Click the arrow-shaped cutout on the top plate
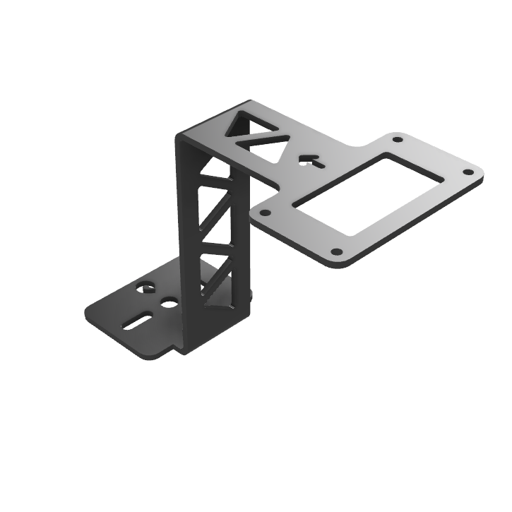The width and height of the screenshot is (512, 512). [311, 160]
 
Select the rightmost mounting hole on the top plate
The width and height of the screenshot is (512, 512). [468, 172]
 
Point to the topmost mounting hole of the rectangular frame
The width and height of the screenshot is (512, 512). [397, 139]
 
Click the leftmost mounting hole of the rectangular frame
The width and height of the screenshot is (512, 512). [266, 212]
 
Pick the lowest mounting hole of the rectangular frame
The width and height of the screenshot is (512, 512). [337, 251]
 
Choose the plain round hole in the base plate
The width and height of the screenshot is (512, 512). [169, 302]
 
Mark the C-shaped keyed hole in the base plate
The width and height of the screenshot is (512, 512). [147, 287]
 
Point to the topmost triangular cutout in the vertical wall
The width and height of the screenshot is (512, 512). [211, 169]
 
